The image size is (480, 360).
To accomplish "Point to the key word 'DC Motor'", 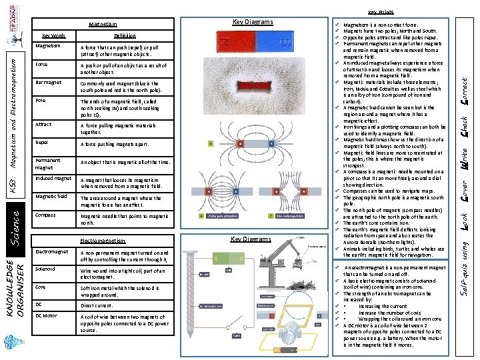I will (x=46, y=315).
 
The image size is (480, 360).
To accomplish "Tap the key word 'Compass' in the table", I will (x=45, y=215).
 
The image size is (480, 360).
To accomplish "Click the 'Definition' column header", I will (x=125, y=35).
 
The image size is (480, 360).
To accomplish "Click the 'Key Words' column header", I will (x=54, y=35).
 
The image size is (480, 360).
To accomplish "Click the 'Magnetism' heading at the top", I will (x=103, y=25).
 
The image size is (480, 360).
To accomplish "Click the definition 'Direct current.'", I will (x=98, y=305).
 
